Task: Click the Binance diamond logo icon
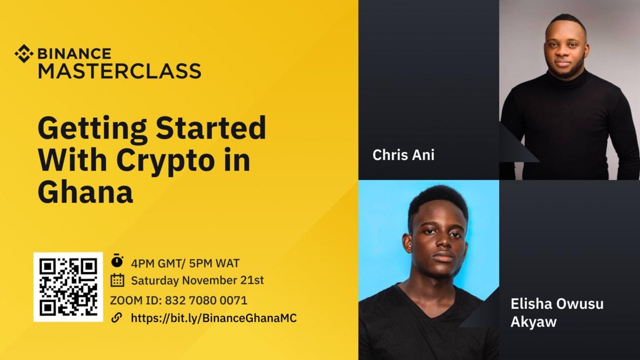click(23, 54)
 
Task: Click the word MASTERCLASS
click(119, 71)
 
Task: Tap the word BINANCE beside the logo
click(74, 54)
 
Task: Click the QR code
click(68, 287)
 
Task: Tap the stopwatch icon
click(117, 260)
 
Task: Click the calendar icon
click(117, 281)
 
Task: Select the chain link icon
click(117, 317)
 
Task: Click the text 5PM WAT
click(214, 263)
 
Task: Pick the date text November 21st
click(223, 281)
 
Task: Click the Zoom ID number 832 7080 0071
click(206, 301)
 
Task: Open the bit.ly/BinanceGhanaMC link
click(214, 318)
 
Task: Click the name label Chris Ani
click(403, 155)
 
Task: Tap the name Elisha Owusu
click(557, 303)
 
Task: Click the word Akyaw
click(533, 322)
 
